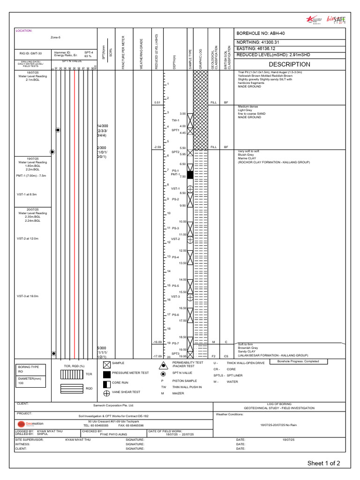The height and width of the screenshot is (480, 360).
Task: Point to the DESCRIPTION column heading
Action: pyautogui.click(x=289, y=64)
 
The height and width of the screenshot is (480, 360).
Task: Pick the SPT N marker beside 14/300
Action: pyautogui.click(x=58, y=129)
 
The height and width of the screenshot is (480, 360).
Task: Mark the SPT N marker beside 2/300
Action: pyautogui.click(x=52, y=152)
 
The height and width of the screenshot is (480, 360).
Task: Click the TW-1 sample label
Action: pyautogui.click(x=176, y=120)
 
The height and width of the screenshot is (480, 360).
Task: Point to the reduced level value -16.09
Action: pyautogui.click(x=157, y=342)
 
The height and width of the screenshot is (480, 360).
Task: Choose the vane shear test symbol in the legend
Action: pyautogui.click(x=106, y=392)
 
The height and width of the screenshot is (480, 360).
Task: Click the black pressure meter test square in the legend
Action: pyautogui.click(x=106, y=374)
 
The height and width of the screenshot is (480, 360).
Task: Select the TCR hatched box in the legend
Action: pyautogui.click(x=71, y=374)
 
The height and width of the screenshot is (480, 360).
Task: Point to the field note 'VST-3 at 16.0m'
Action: pyautogui.click(x=27, y=296)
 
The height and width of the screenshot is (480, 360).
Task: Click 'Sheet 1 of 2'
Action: pyautogui.click(x=323, y=463)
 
